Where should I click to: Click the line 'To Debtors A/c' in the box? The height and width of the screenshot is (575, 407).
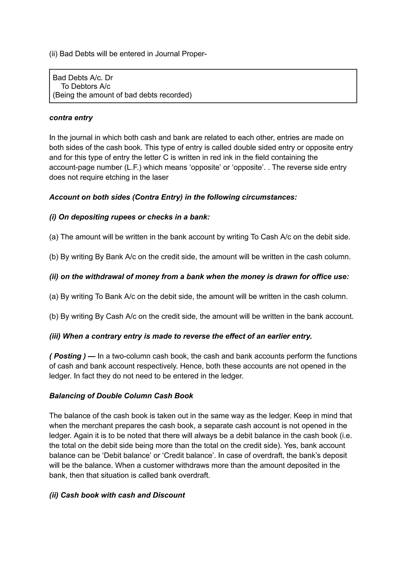tap(86, 86)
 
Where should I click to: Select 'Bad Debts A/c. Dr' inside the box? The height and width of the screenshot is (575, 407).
tap(83, 78)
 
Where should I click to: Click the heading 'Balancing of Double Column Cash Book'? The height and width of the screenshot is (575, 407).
tap(121, 396)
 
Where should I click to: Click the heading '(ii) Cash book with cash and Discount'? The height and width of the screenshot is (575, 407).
tap(117, 495)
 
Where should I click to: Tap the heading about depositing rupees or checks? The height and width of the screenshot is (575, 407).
tap(129, 217)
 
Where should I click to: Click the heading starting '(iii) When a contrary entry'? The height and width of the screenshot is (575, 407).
tap(180, 336)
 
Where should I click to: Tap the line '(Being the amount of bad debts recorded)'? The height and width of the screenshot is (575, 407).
tap(122, 95)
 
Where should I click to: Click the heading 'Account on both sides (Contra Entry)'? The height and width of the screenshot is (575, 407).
tap(173, 197)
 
